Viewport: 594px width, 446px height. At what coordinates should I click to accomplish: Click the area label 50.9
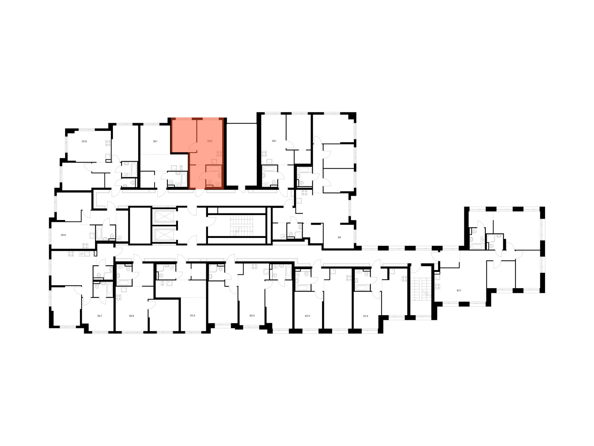84,142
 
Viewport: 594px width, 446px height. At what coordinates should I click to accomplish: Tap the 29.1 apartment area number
155,142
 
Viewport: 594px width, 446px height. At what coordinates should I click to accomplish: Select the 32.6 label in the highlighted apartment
210,141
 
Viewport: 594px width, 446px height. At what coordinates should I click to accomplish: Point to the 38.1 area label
274,141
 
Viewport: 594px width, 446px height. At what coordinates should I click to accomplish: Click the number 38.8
63,235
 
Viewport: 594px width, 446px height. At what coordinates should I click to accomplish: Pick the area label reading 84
339,237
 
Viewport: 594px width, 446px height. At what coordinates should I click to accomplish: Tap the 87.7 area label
459,290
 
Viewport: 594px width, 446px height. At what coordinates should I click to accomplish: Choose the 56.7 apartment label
99,316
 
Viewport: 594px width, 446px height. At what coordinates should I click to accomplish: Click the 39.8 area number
131,316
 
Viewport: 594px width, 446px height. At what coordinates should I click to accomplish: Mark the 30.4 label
192,315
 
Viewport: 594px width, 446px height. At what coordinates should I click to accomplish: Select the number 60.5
252,315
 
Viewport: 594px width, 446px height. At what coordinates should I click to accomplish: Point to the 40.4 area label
307,316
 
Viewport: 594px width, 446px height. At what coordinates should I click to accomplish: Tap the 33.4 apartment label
366,316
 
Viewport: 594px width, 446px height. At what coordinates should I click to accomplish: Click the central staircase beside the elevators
241,226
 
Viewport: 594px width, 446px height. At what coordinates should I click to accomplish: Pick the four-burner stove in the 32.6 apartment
219,154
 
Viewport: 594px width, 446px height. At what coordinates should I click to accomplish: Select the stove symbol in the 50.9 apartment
108,143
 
